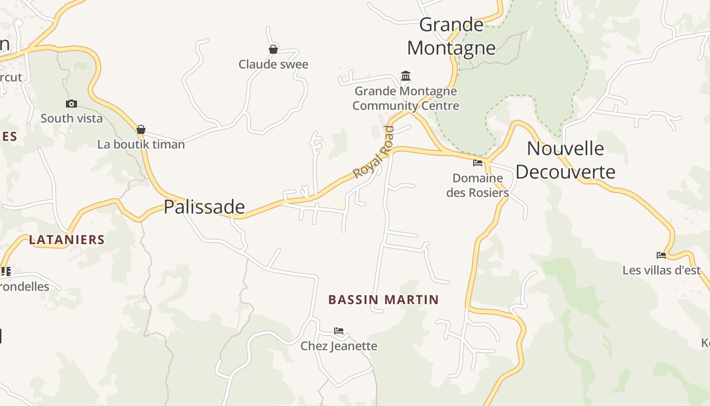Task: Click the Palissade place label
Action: click(204, 207)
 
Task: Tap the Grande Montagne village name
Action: click(451, 36)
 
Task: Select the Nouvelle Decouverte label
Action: click(565, 160)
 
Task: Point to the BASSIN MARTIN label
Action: click(383, 299)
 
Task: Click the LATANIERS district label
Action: click(66, 240)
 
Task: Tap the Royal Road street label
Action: click(374, 152)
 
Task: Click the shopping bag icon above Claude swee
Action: click(273, 49)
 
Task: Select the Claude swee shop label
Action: click(273, 64)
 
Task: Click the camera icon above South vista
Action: click(72, 104)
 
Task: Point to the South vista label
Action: click(72, 118)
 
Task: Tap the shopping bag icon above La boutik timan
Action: click(141, 129)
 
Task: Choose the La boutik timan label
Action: click(141, 145)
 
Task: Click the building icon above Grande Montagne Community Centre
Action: click(406, 76)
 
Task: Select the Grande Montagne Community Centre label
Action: click(406, 98)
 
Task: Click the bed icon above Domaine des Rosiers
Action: click(478, 163)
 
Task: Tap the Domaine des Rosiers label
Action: click(478, 185)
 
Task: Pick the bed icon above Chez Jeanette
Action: click(339, 331)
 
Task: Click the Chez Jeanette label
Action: click(339, 346)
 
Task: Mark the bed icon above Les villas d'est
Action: click(661, 255)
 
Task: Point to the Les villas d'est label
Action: click(661, 270)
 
